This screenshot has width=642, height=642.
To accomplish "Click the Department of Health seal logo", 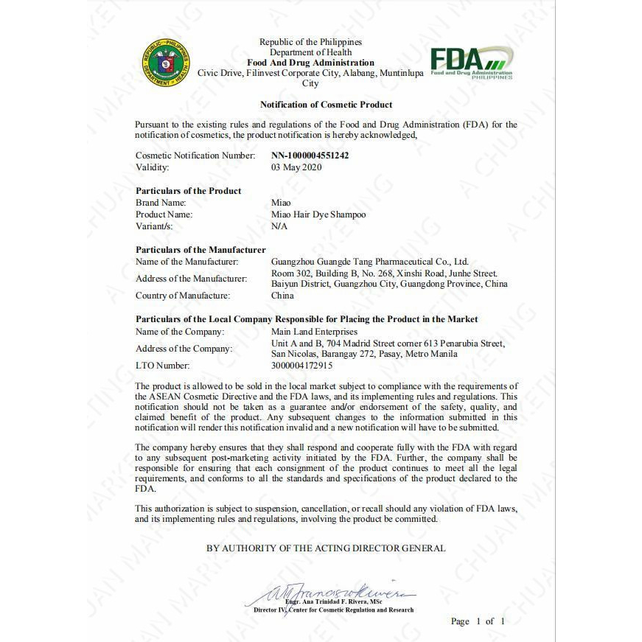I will (x=166, y=63).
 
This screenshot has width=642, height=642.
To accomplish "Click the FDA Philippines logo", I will (x=472, y=62).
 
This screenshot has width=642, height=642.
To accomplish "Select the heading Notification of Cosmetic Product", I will (x=326, y=105).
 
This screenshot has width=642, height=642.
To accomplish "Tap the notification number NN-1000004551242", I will (x=310, y=156).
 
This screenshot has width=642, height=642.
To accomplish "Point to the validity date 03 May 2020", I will (x=296, y=167).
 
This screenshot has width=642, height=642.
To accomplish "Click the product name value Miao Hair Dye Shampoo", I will (x=318, y=214).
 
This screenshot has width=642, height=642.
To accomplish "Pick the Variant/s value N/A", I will (x=279, y=226).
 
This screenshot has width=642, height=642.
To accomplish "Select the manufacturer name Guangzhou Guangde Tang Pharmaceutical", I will (x=369, y=262).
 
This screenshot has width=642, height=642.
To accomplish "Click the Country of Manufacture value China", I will (x=282, y=296).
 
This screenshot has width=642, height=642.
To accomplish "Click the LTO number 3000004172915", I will (x=302, y=366).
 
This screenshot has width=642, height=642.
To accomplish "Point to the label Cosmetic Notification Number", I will (x=195, y=156).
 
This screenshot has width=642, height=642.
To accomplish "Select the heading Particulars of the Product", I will (x=188, y=191).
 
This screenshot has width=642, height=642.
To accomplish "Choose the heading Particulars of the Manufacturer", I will (x=200, y=250).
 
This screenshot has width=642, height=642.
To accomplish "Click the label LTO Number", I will (x=162, y=366).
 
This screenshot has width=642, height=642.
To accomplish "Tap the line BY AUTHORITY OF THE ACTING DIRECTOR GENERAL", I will (x=326, y=548).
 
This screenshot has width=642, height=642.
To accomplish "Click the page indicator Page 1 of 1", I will (x=478, y=621).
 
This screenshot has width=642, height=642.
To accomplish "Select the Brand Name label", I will (x=161, y=203).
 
